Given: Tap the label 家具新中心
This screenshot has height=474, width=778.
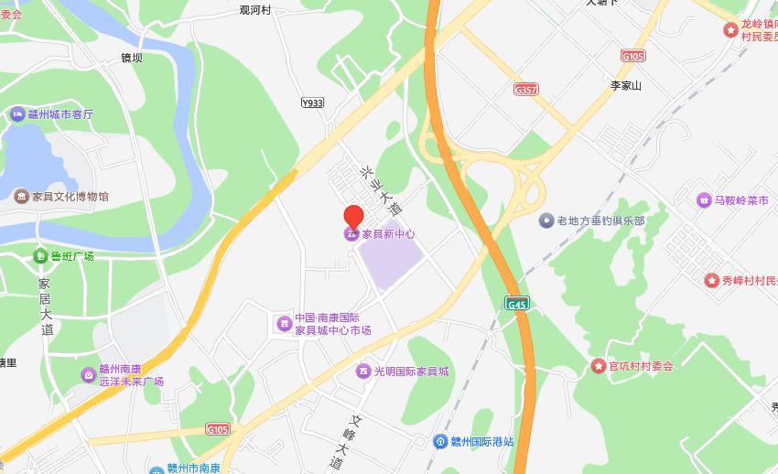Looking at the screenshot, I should [388, 234].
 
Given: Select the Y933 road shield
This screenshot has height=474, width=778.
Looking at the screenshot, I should [312, 103].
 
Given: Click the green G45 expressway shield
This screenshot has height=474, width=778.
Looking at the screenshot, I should [517, 303].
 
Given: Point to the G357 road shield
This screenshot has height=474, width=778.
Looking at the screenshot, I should [526, 90].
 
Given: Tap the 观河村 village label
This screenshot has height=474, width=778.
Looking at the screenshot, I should [255, 10].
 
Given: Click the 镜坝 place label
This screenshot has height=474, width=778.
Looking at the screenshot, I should [132, 58].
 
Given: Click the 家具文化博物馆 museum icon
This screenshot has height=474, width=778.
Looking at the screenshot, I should [20, 196].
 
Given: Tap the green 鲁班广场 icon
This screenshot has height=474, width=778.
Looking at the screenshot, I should [40, 256].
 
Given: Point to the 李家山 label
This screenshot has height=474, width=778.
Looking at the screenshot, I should [626, 86].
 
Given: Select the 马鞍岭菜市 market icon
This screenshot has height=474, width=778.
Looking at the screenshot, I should [704, 200].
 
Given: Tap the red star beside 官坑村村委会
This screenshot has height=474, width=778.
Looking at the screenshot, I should [599, 366].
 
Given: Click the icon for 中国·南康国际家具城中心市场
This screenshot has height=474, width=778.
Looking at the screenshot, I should [284, 323].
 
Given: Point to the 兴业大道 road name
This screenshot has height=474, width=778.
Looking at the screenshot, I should [381, 189].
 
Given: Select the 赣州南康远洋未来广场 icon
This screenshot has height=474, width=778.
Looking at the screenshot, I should [88, 374].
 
